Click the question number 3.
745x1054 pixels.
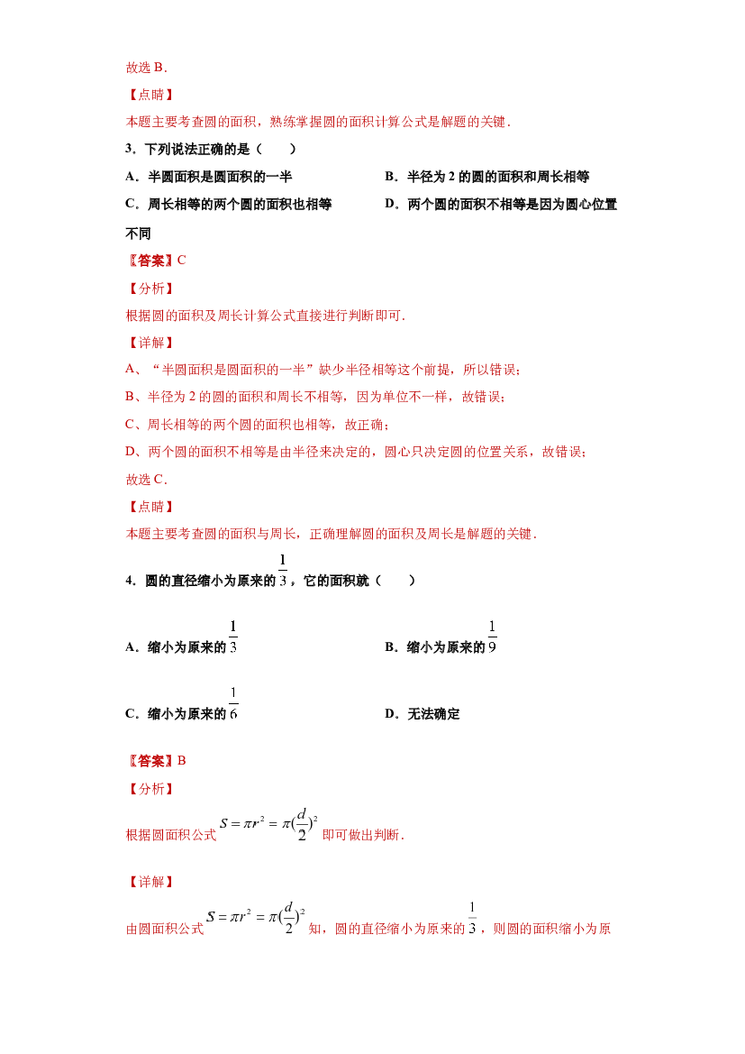pos(131,150)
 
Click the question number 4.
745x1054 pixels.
pos(131,581)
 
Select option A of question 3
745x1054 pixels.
pos(209,177)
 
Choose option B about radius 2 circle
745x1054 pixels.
pos(487,177)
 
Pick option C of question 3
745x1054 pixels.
pos(229,205)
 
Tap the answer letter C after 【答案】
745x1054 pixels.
pos(181,261)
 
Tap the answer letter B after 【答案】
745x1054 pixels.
pos(181,761)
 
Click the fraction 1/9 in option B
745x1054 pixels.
pos(493,637)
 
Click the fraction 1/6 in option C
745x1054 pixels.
pos(233,703)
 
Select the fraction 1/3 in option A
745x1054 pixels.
pos(233,637)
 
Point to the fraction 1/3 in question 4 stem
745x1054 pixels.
pos(283,570)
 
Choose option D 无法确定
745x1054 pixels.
pos(422,714)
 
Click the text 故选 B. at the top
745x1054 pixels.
pos(147,68)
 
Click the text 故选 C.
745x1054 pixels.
pos(147,480)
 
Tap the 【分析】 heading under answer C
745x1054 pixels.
pos(150,289)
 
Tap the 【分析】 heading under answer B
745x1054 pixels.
pos(150,789)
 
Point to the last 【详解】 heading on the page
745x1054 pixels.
pos(150,882)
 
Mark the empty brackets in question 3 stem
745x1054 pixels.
pos(276,150)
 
